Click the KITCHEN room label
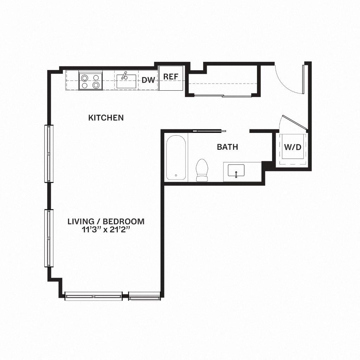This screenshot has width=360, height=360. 106,117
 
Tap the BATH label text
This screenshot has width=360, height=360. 227,147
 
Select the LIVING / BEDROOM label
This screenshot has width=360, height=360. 106,221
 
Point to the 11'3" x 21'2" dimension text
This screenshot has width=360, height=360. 106,230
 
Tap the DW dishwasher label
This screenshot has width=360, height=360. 148,80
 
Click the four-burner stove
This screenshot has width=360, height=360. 90,81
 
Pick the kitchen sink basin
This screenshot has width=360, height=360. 126,82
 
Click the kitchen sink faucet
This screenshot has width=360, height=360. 124,75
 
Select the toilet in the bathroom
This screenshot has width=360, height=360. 202,170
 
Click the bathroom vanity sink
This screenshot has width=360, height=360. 236,171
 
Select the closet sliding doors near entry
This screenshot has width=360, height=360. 222,96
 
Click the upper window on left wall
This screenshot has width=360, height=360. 48,154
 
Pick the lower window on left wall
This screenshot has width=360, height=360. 48,238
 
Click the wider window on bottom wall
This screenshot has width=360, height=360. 94,296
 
